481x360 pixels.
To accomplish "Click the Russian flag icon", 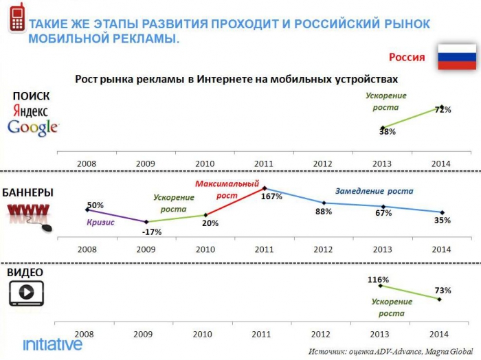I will [x=456, y=57].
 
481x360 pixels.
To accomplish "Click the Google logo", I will [x=32, y=127].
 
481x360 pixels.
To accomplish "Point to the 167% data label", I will [x=271, y=196].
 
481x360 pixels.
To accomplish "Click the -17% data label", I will [x=151, y=232].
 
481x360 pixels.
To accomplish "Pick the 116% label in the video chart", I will [x=378, y=280].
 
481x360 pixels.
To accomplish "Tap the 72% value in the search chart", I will [x=443, y=110].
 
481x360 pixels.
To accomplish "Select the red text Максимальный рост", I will [x=227, y=190].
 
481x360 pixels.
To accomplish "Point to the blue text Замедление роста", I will [x=374, y=192].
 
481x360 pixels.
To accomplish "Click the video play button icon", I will [x=26, y=292].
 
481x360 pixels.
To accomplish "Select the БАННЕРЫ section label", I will [x=28, y=192].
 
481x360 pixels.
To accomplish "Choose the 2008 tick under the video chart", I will [x=84, y=333].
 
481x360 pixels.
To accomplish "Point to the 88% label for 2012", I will [x=324, y=212].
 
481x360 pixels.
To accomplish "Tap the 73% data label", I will [x=443, y=291].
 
